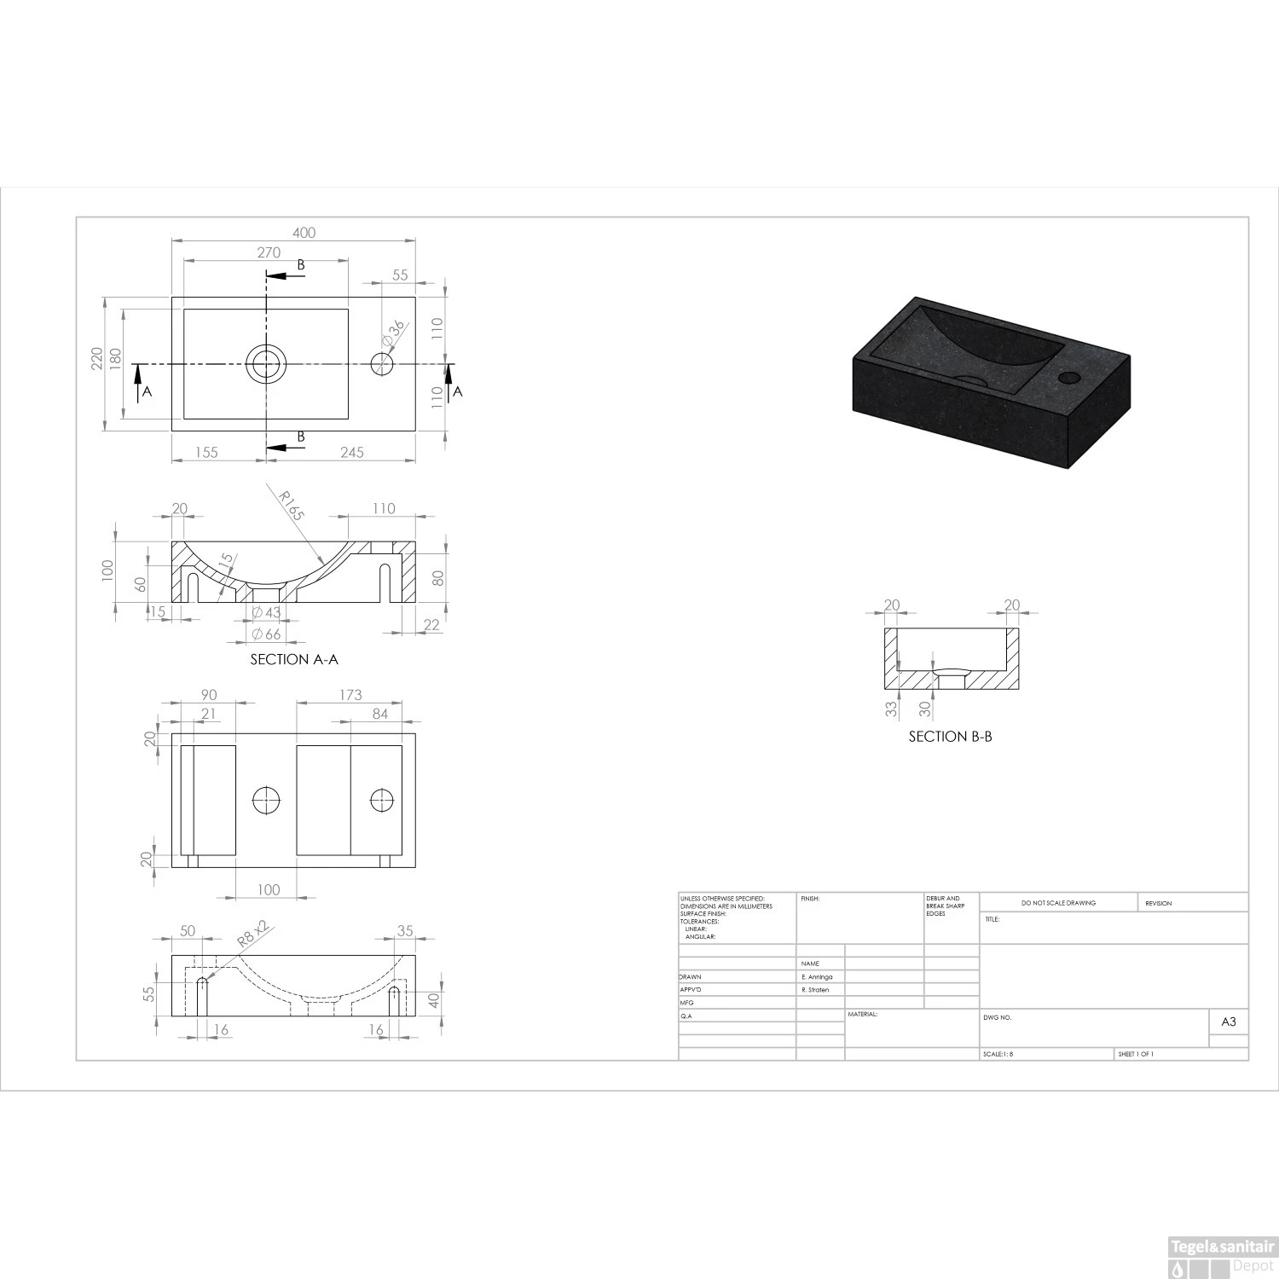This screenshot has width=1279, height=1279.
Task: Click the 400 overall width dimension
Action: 304,233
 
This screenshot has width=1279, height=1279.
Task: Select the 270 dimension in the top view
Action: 269,252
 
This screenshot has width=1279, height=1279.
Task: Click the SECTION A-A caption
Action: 294,659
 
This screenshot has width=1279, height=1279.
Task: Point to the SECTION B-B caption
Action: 950,736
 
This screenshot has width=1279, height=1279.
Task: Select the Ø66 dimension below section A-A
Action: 267,634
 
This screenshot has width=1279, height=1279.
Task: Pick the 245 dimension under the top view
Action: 352,452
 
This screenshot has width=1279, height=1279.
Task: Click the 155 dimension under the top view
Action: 206,452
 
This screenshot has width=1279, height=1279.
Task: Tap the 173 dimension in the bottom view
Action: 350,695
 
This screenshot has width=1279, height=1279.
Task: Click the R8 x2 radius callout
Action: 253,935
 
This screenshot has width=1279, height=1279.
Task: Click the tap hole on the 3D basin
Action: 1068,376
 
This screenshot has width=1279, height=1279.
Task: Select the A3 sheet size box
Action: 1229,1021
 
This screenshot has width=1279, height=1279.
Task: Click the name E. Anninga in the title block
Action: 816,977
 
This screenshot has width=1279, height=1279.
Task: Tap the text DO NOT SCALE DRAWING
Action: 1058,903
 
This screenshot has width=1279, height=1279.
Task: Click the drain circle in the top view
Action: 266,364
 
